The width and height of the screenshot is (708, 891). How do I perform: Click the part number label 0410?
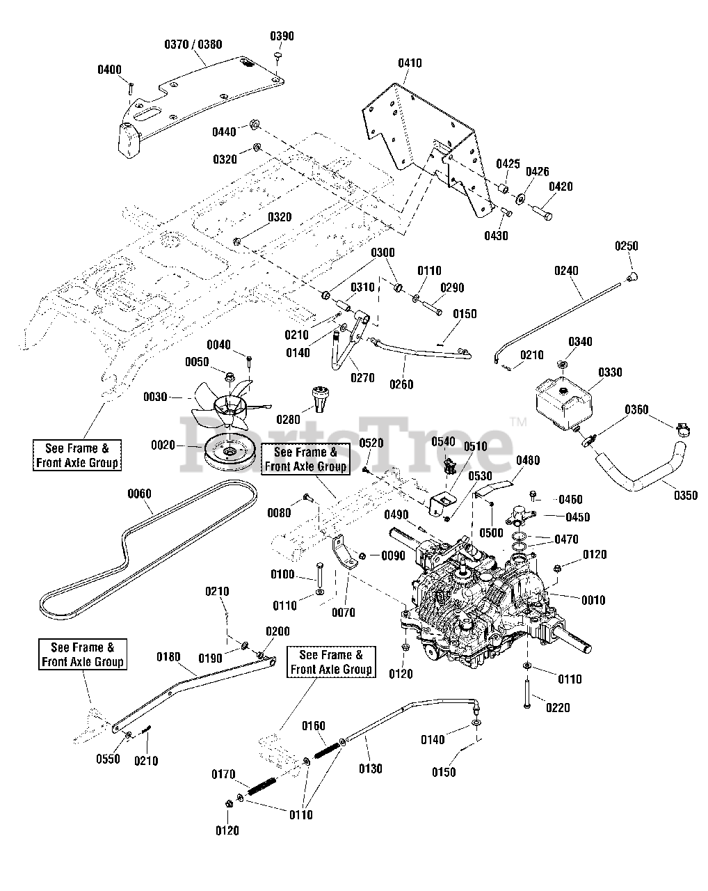coord(410,63)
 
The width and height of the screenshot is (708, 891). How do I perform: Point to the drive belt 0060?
coord(147,551)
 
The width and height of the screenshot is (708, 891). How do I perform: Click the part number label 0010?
coord(593,600)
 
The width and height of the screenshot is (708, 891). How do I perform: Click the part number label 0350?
coord(686,495)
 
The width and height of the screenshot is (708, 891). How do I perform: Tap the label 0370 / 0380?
coord(193,45)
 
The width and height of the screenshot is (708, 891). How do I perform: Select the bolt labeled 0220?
coord(527,693)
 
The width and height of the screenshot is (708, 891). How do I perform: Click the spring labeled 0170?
coord(262,785)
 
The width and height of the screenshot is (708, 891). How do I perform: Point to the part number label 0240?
coord(566,271)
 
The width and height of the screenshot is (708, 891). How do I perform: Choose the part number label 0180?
coord(168,657)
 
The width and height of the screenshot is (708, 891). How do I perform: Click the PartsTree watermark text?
coord(347,445)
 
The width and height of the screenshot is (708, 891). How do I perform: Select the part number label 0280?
coord(288,420)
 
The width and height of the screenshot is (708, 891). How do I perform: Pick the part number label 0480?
coord(528,460)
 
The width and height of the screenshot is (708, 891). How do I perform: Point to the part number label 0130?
coord(371,769)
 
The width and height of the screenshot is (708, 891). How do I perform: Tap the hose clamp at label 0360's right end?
coord(683,431)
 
